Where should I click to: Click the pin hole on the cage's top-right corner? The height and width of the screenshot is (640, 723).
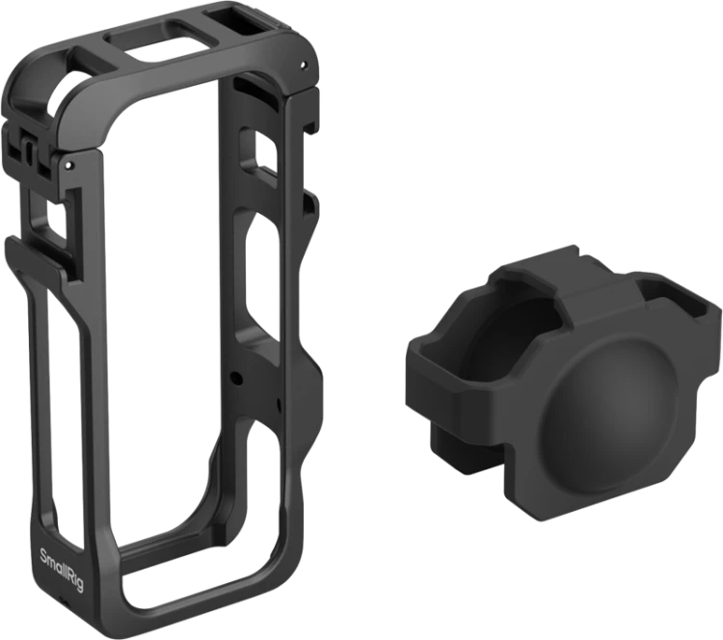302,65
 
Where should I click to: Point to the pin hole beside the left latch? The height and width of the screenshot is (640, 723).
68,164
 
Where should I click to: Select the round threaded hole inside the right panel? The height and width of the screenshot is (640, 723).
236,378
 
